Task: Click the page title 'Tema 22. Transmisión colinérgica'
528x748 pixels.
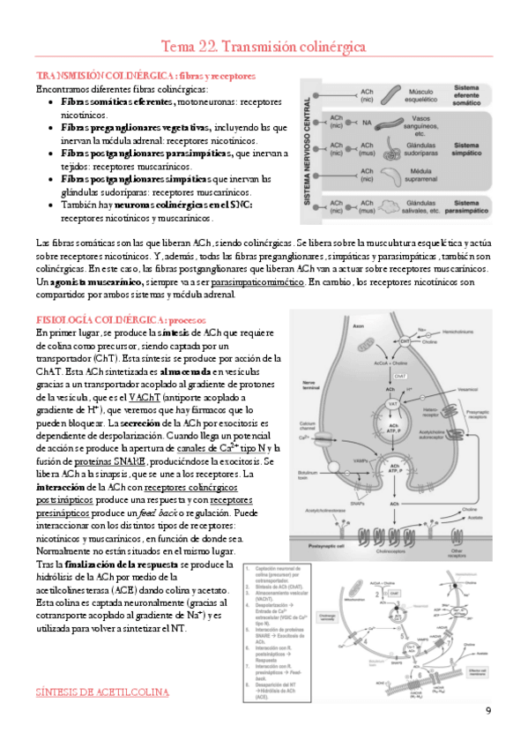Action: point(264,45)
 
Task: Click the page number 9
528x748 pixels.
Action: point(488,711)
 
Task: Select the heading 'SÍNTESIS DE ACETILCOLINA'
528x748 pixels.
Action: point(102,693)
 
